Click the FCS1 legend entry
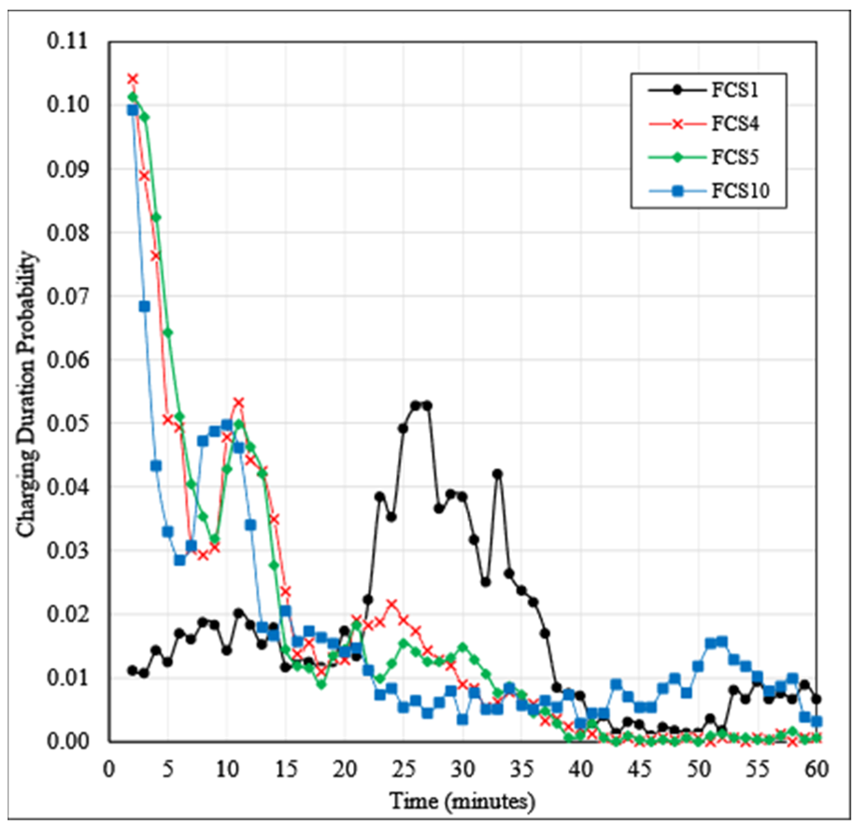(734, 90)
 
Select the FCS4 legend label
(734, 124)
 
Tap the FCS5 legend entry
(734, 157)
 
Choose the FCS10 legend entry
(740, 191)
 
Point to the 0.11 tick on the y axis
(67, 41)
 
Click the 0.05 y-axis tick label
(67, 423)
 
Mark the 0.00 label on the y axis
(67, 741)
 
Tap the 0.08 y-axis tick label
(67, 232)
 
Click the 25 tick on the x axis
(404, 769)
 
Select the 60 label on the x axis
(816, 769)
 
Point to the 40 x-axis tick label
(581, 769)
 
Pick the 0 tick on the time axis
(109, 769)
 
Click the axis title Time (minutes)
(462, 801)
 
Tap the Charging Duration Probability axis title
(26, 394)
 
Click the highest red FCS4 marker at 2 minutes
(133, 79)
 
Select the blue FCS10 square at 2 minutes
(133, 110)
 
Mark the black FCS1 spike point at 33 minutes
(498, 474)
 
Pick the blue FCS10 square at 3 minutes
(145, 306)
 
